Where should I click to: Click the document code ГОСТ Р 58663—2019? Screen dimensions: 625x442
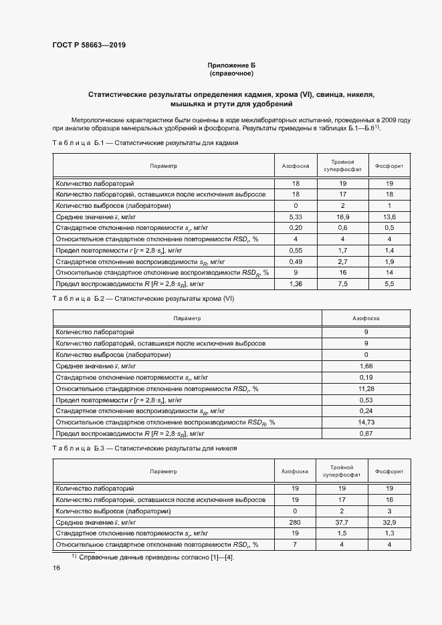[89, 45]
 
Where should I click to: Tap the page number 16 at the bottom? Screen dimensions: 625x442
[57, 568]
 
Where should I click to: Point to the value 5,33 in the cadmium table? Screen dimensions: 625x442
[295, 217]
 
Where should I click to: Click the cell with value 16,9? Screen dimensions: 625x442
[342, 217]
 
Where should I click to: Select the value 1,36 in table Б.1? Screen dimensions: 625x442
[295, 284]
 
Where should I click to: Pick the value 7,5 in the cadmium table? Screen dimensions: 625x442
[342, 284]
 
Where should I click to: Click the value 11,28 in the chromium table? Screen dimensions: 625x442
[366, 388]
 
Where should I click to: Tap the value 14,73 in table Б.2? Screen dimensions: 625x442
[366, 422]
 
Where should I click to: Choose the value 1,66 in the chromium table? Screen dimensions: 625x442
[366, 366]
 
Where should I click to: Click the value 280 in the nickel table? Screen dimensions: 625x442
[295, 522]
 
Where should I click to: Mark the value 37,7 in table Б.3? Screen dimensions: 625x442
[342, 522]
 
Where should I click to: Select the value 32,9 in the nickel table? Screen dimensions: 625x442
[389, 522]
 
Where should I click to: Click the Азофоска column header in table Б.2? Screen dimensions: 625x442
[366, 319]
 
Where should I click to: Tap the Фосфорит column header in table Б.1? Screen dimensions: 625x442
[389, 165]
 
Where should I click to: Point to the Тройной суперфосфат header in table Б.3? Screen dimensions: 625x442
[342, 471]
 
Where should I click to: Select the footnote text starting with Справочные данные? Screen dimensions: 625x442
[154, 556]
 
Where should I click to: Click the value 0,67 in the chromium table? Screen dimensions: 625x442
[366, 434]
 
